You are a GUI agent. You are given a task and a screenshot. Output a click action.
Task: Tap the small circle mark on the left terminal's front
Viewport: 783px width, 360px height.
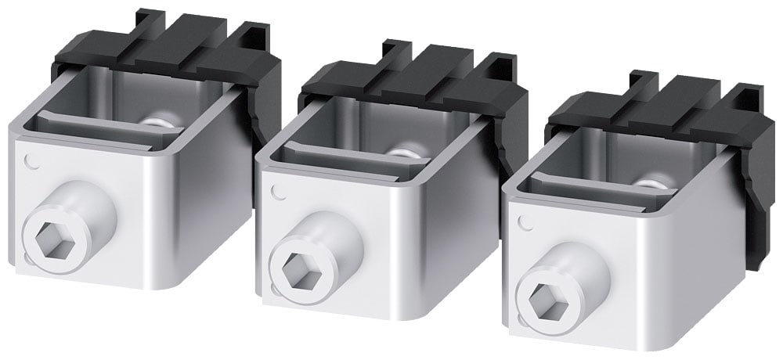click(x=31, y=162)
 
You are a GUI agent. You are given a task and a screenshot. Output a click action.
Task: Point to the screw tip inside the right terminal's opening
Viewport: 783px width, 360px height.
click(x=648, y=185)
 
